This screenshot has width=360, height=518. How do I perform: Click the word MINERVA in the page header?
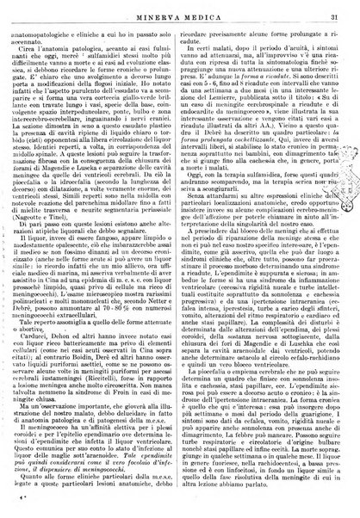(x=156, y=9)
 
